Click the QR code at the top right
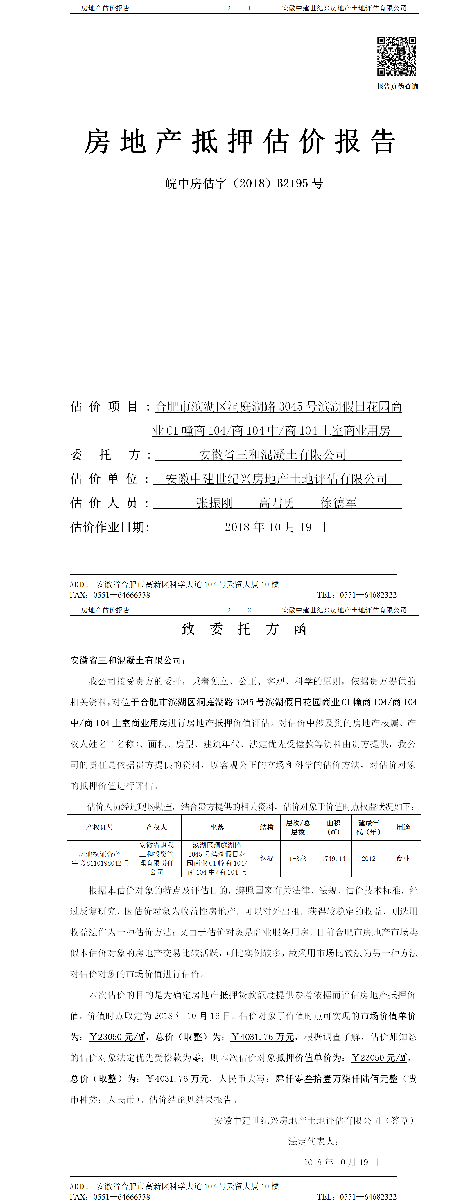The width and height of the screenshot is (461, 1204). pyautogui.click(x=397, y=56)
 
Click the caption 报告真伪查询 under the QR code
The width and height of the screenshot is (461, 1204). pyautogui.click(x=397, y=87)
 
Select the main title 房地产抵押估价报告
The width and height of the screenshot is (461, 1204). pyautogui.click(x=240, y=141)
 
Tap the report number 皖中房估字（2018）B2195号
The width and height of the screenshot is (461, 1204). pyautogui.click(x=244, y=183)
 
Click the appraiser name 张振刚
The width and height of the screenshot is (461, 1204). pyautogui.click(x=214, y=503)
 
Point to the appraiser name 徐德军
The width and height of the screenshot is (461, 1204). pyautogui.click(x=339, y=503)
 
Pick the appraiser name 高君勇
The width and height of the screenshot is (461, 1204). pyautogui.click(x=277, y=503)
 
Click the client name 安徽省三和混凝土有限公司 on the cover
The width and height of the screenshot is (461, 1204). pyautogui.click(x=272, y=455)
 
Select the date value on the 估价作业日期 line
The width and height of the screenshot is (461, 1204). pyautogui.click(x=275, y=527)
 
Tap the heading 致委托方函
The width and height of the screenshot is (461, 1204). pyautogui.click(x=244, y=629)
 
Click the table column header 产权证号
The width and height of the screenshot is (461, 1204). pyautogui.click(x=99, y=827)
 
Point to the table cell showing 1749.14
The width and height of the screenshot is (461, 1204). pyautogui.click(x=333, y=859)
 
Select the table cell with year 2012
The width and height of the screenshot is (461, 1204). pyautogui.click(x=369, y=859)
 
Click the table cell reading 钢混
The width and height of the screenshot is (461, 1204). pyautogui.click(x=267, y=859)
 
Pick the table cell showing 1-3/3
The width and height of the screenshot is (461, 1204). pyautogui.click(x=297, y=859)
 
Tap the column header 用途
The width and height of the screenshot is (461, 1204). pyautogui.click(x=403, y=827)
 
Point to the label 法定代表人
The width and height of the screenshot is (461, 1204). pyautogui.click(x=313, y=1141)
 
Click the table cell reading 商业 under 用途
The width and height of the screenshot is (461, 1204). pyautogui.click(x=403, y=859)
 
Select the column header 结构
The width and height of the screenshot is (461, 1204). pyautogui.click(x=267, y=827)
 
